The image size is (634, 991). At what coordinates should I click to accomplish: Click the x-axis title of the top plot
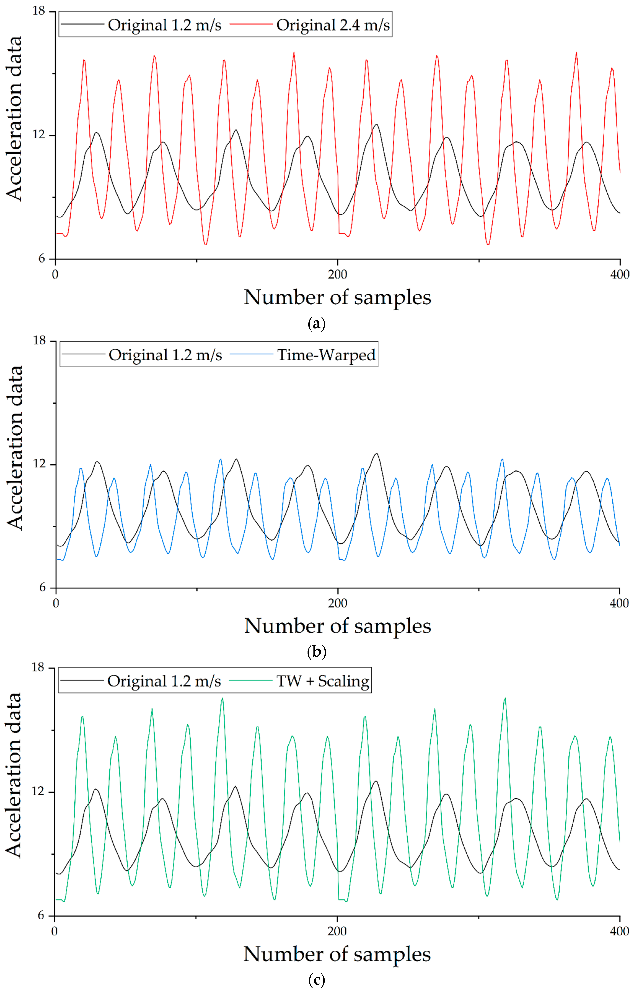tap(337, 297)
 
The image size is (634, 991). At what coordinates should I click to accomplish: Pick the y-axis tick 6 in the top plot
tap(40, 259)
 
